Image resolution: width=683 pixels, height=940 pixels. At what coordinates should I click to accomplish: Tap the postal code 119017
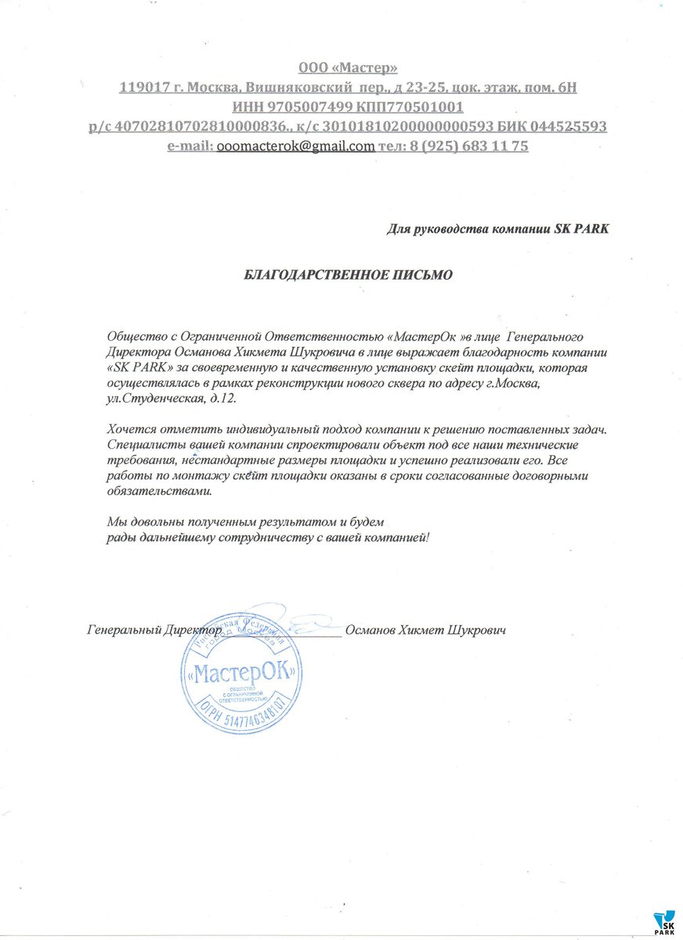143,88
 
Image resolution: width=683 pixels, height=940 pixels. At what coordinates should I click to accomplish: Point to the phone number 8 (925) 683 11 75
469,146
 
